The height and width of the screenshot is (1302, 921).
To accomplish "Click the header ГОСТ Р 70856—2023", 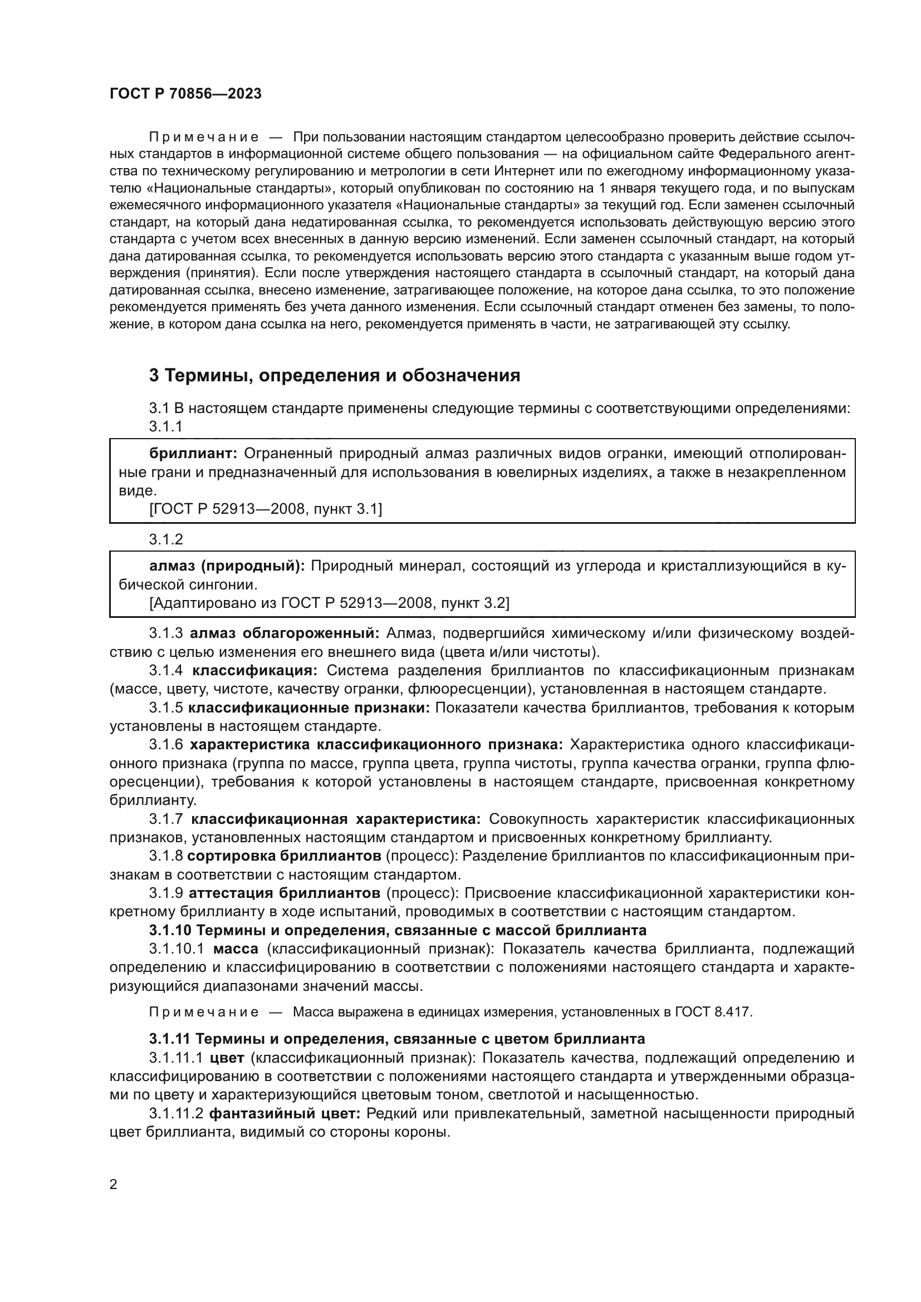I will point(185,94).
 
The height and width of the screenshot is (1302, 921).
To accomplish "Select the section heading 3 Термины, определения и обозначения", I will point(334,375).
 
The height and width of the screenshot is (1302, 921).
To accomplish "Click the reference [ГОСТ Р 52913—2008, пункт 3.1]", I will point(266,509).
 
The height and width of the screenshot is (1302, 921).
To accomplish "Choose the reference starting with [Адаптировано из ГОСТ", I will point(329,603).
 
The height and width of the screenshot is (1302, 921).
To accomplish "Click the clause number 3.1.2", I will point(166,539).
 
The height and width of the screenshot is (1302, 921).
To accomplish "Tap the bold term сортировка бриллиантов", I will point(284,855).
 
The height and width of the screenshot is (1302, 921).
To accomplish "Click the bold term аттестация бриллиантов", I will point(284,893).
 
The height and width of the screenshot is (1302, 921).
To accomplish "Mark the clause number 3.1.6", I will point(166,745).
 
